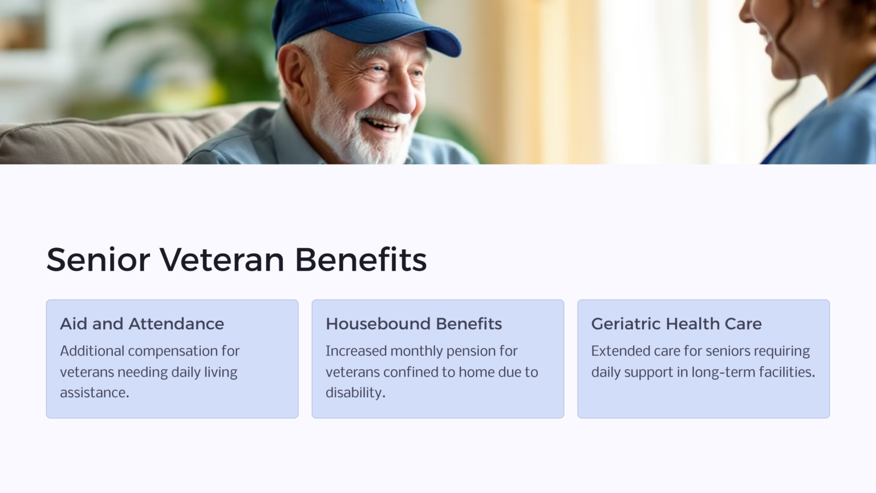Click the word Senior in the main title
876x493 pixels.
[98, 260]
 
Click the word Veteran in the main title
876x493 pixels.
[222, 260]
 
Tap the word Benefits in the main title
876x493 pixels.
[360, 260]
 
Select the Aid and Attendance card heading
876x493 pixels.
[142, 324]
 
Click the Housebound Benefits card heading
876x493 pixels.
[413, 324]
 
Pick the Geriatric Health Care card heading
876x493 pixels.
[676, 324]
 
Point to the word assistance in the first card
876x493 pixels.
[94, 393]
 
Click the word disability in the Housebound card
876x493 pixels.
[355, 393]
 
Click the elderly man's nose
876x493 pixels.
[406, 97]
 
